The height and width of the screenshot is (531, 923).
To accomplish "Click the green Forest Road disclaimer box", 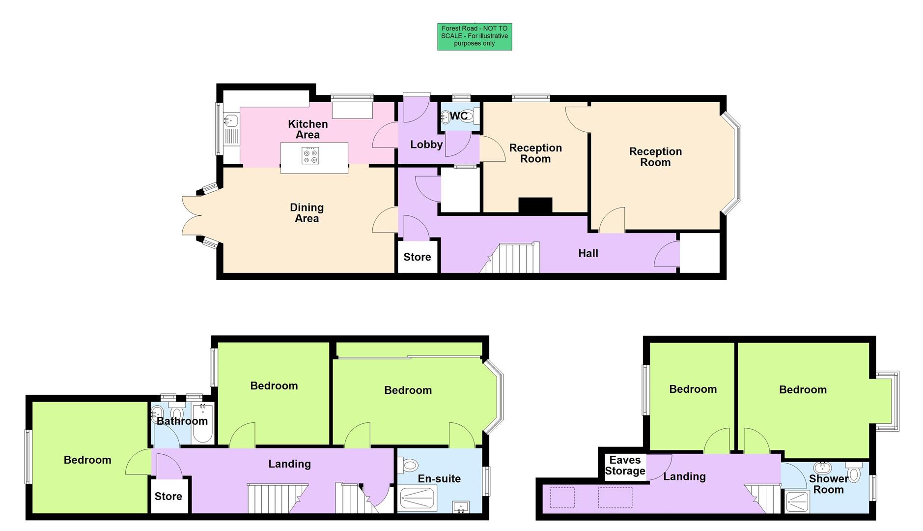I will pos(475,36).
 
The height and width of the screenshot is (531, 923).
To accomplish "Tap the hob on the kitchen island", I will pos(310,156).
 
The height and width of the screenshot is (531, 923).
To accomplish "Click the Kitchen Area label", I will pos(308,129).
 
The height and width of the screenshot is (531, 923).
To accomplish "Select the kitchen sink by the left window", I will pos(230,120).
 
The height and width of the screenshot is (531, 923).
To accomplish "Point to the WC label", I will pos(459,116).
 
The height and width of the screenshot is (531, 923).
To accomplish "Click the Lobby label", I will pos(426,145).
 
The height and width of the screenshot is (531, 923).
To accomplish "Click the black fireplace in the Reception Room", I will pos(535,205).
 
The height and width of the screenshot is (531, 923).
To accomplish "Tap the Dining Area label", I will pos(307,213).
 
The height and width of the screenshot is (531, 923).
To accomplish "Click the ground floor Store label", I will pos(417,257).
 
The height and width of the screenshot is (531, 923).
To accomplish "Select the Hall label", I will pos(588,253).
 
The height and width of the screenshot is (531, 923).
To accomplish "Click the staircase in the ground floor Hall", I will pos(513,258).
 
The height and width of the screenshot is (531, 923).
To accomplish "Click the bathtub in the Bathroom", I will pos(202,424).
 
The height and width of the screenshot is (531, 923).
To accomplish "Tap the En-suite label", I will pos(439,478).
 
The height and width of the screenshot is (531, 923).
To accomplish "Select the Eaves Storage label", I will pos(625,466).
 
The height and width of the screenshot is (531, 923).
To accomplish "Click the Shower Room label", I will pos(828,484).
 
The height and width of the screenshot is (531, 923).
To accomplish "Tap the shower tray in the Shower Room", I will pos(797,501).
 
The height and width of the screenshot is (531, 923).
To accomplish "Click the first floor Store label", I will pos(168,496).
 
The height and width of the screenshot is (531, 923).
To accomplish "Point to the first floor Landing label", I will pos(289,464).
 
